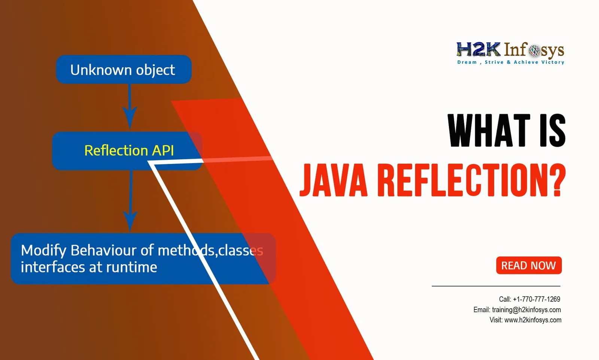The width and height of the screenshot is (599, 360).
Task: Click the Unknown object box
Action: coord(124,70)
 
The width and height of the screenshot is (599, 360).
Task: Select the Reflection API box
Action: coord(127,150)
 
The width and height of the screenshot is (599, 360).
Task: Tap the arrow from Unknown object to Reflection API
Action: coord(130,107)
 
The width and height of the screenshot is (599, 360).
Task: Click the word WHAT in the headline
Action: coord(489,131)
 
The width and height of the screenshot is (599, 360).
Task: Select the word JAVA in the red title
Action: coord(334,180)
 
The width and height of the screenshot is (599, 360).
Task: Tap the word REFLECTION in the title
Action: coord(459,180)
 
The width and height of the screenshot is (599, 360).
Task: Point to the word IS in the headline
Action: coord(552,131)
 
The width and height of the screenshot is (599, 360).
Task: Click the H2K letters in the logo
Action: coord(478,50)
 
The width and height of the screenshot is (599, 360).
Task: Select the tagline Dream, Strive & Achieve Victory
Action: coord(511,62)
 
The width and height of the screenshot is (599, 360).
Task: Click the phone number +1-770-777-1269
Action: coord(536,299)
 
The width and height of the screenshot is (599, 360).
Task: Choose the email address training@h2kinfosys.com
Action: coord(526,309)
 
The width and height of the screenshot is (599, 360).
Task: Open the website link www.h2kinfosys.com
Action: coord(533,320)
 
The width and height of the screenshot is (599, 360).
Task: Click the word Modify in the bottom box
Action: coord(44,250)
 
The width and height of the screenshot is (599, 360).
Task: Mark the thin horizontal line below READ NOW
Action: coord(496,286)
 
